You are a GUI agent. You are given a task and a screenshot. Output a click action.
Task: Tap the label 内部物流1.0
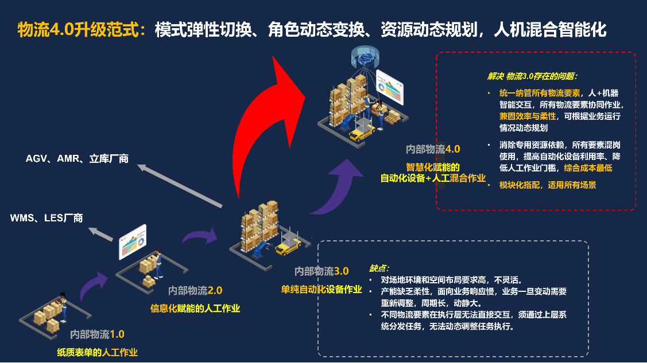(x=97, y=334)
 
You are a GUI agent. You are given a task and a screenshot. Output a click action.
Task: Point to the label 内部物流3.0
(x=321, y=271)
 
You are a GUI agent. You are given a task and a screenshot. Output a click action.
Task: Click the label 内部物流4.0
(x=433, y=149)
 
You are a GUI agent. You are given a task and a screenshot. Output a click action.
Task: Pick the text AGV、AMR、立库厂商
(x=77, y=159)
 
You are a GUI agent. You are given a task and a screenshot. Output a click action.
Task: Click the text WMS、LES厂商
(x=47, y=218)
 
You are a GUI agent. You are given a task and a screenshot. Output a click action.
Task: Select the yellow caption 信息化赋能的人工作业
(x=195, y=309)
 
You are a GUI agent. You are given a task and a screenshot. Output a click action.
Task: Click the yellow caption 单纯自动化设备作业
(x=321, y=288)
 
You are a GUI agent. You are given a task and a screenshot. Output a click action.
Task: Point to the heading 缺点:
(x=379, y=268)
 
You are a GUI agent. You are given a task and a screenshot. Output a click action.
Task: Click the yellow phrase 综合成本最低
(x=588, y=168)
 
